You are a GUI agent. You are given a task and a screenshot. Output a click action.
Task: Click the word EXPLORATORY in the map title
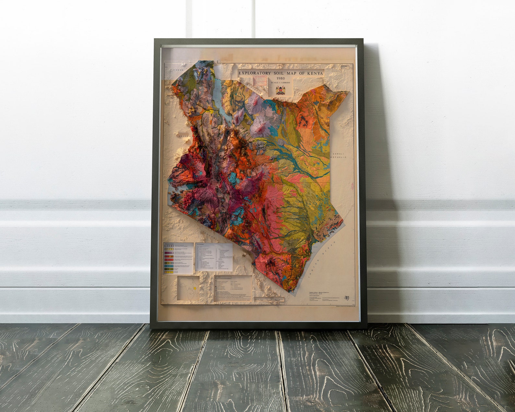coord(255,74)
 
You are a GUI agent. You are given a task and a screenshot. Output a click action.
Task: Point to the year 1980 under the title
coord(281,79)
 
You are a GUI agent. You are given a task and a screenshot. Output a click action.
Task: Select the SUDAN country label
coord(178,70)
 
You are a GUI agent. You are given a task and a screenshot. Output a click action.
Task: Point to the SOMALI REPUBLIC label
coord(339,155)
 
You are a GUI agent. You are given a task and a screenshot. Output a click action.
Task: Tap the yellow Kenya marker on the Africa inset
coord(195,288)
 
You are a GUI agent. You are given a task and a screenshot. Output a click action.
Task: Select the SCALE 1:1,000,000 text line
coord(281,83)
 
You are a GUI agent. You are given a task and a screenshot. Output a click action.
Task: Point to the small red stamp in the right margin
coord(353,186)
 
